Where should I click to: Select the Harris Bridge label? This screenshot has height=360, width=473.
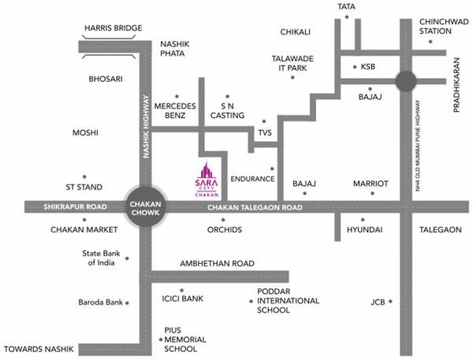coord(113,28)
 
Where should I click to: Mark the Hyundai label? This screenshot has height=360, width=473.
coord(364,229)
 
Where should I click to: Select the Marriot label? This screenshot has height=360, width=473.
coord(371,184)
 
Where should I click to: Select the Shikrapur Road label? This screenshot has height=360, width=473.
coord(76,207)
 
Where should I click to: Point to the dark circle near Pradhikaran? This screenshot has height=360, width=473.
coord(406,81)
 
